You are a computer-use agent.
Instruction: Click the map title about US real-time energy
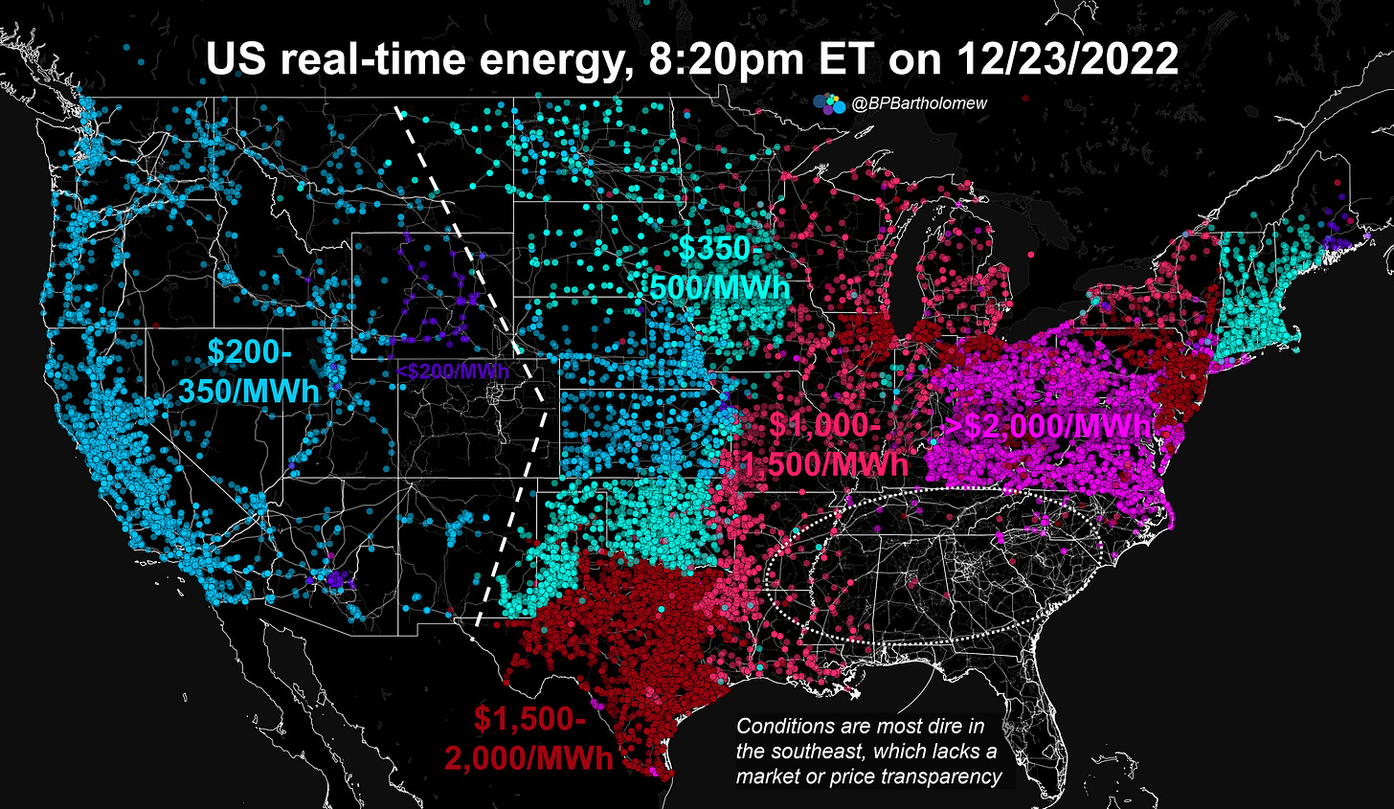pyautogui.click(x=692, y=59)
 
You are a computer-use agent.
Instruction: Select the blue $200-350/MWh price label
pyautogui.click(x=248, y=371)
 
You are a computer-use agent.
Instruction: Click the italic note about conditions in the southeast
pyautogui.click(x=866, y=752)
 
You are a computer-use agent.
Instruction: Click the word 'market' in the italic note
pyautogui.click(x=773, y=776)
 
